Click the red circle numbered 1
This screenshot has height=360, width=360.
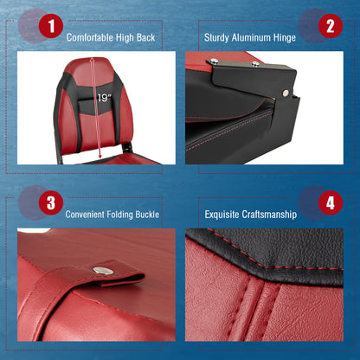(x=51, y=27)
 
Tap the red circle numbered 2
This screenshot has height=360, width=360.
(x=329, y=26)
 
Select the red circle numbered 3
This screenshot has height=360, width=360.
(x=50, y=203)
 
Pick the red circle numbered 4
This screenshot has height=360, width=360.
(x=329, y=203)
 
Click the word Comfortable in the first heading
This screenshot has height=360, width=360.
(x=95, y=38)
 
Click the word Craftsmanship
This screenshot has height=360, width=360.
(x=273, y=214)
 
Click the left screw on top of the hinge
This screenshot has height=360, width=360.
(x=213, y=61)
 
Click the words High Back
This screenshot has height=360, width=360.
(x=139, y=38)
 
